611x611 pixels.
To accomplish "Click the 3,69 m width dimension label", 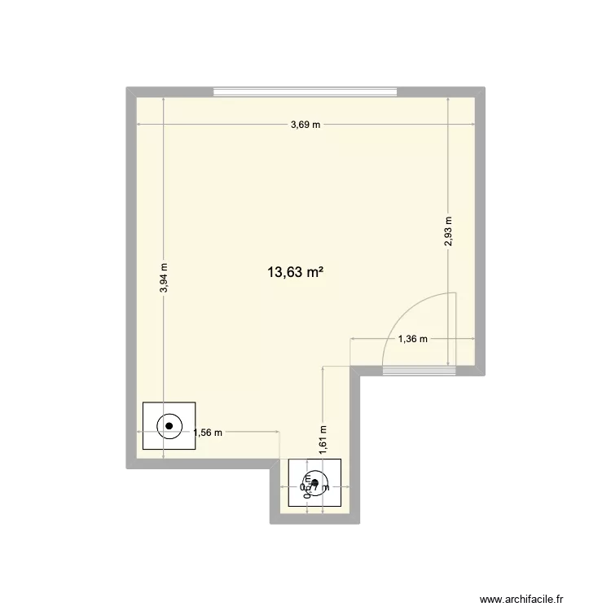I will tap(305, 125).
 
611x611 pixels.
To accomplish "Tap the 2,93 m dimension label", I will tap(448, 231).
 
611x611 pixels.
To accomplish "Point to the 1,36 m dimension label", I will tap(412, 340).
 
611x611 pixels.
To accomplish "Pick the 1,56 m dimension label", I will tap(208, 433).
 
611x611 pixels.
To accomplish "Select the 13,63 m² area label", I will tap(295, 274).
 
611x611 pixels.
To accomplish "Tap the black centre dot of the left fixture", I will tap(169, 425).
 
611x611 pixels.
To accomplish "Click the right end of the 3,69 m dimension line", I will tap(474, 125).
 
